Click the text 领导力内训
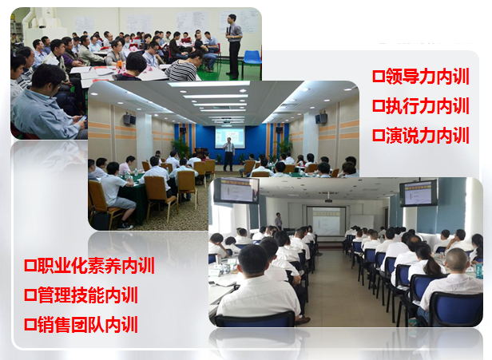427,76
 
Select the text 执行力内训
427,105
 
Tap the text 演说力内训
427,135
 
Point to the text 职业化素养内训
96,266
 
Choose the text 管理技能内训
88,295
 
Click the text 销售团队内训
88,325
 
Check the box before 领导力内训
379,77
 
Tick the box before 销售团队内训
30,325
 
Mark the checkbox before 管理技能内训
30,295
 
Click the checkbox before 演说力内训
379,136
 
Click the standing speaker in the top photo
234,45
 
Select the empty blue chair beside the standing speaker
252,61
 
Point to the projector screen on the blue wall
230,137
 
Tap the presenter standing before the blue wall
228,153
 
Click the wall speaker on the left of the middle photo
129,119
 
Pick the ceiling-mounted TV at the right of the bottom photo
419,193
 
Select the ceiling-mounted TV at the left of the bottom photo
236,191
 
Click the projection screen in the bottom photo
326,221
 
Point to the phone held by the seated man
82,118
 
